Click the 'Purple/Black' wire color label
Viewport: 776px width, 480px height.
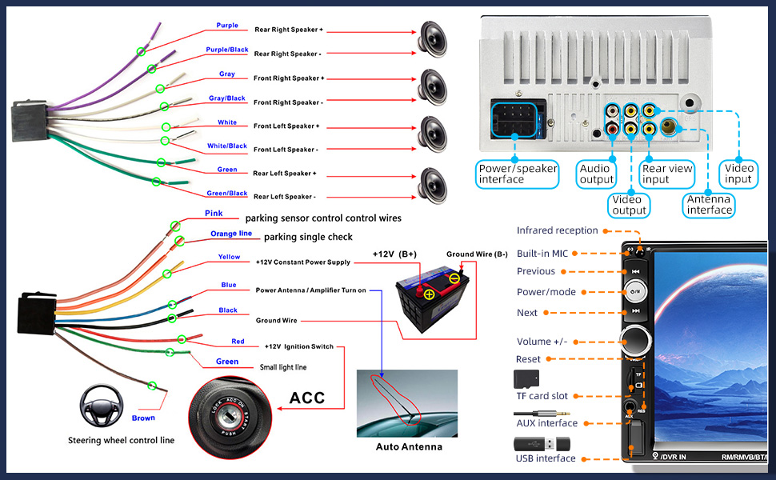point(227,50)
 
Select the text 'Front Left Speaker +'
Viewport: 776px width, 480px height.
point(286,126)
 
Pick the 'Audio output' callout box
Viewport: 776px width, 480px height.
point(596,174)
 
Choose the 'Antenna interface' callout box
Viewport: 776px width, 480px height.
point(709,205)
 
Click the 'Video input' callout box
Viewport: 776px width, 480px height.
point(738,174)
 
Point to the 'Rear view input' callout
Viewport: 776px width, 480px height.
point(667,174)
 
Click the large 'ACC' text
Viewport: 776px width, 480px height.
point(306,398)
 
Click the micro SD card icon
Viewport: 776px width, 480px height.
point(526,378)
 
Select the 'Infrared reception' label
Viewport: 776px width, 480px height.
point(557,230)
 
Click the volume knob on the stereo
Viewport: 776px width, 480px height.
point(637,340)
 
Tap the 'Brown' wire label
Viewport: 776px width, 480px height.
point(144,418)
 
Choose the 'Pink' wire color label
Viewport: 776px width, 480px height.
point(214,214)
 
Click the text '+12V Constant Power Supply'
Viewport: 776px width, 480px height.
point(302,262)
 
